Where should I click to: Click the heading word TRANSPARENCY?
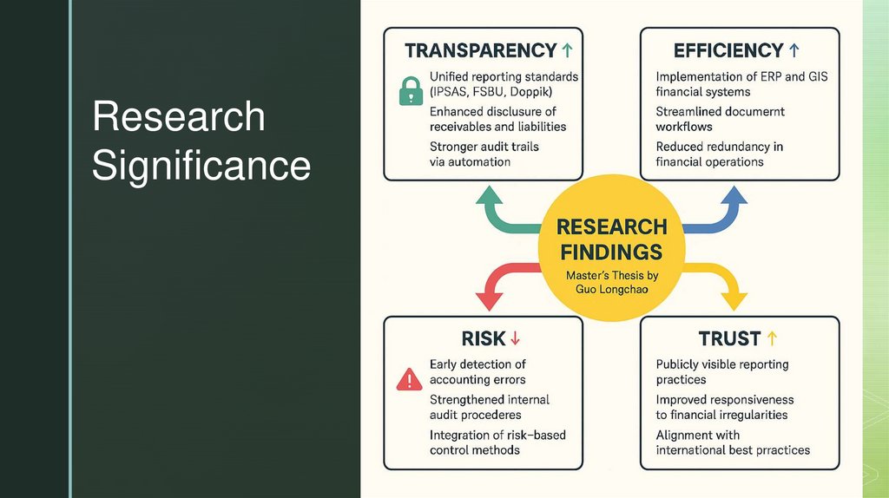(x=480, y=51)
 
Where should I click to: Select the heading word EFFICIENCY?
(x=728, y=51)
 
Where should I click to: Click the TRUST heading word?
(x=729, y=338)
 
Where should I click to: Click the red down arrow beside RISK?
(x=515, y=338)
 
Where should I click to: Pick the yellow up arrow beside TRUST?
(x=773, y=338)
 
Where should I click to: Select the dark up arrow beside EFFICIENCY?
(x=794, y=51)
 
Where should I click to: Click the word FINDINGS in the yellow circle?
(x=611, y=252)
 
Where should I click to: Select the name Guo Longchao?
(x=611, y=289)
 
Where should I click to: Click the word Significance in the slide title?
(x=201, y=165)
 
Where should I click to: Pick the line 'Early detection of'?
(x=477, y=364)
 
